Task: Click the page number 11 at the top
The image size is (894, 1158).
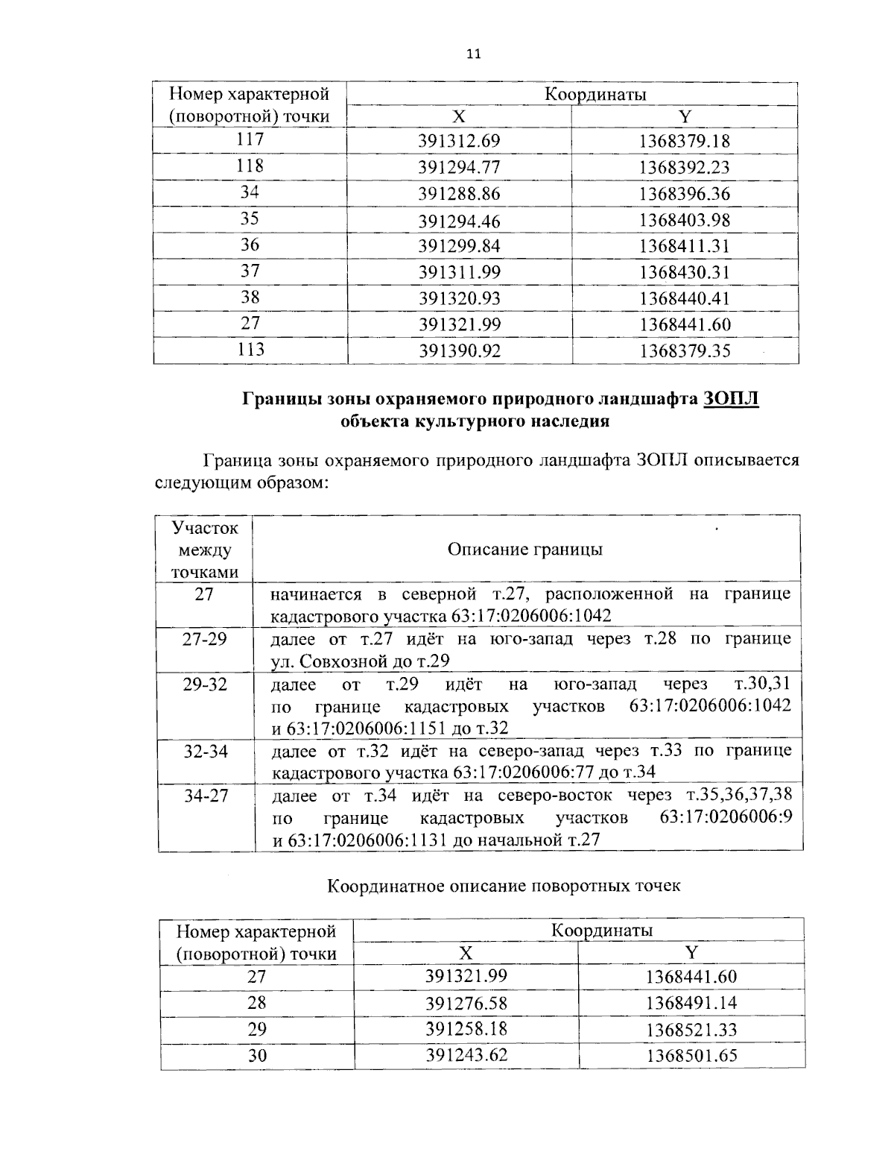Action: [x=473, y=54]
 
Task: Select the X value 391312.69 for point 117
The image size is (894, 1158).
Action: [x=459, y=142]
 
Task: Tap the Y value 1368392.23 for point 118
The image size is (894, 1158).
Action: [x=685, y=168]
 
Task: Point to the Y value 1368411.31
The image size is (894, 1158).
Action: [x=685, y=246]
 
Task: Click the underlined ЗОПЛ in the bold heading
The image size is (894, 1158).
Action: [x=730, y=399]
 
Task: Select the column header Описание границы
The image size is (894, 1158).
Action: [x=525, y=550]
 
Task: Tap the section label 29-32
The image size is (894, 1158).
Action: [x=205, y=685]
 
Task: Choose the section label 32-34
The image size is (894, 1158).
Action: [x=205, y=751]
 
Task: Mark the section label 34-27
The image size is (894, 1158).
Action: [x=206, y=796]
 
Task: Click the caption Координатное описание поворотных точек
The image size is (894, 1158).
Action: [x=504, y=886]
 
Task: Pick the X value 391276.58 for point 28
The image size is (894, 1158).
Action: [x=466, y=1003]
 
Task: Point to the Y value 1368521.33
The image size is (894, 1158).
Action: [x=691, y=1030]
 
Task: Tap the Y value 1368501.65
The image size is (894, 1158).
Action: [x=691, y=1056]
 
